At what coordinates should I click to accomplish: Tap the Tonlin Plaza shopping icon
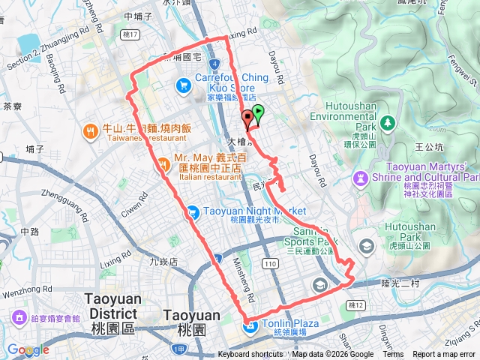(248, 324)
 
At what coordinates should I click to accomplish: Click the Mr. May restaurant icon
(163, 168)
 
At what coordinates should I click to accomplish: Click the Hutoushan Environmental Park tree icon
(388, 121)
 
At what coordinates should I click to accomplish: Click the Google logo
(28, 350)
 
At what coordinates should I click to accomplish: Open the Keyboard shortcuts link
(250, 355)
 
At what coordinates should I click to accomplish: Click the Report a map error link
(444, 355)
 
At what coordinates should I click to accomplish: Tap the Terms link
(392, 355)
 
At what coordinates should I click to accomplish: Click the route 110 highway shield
(271, 263)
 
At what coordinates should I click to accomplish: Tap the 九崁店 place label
(163, 262)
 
